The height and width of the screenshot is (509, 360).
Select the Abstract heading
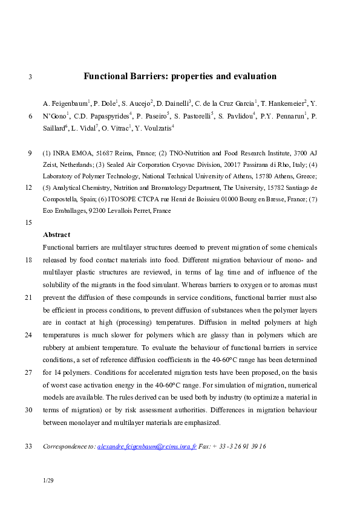[x=56, y=235]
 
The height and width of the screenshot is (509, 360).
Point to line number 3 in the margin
[x=30, y=77]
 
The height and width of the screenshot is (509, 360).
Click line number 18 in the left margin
[x=28, y=261]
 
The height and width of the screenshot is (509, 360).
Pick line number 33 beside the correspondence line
[x=28, y=447]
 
